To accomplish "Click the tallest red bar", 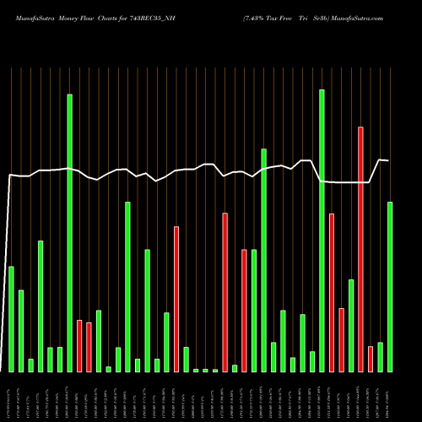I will (361, 249).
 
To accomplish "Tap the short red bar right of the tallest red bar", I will (371, 359).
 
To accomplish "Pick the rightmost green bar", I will (390, 287).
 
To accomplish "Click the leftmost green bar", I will (12, 319).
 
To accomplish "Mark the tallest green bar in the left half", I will (70, 233).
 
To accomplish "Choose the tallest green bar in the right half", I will (322, 230).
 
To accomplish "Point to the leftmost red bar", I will (79, 346).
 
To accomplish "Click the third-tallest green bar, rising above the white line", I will (264, 260).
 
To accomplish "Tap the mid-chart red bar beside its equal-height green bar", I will (245, 311).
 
